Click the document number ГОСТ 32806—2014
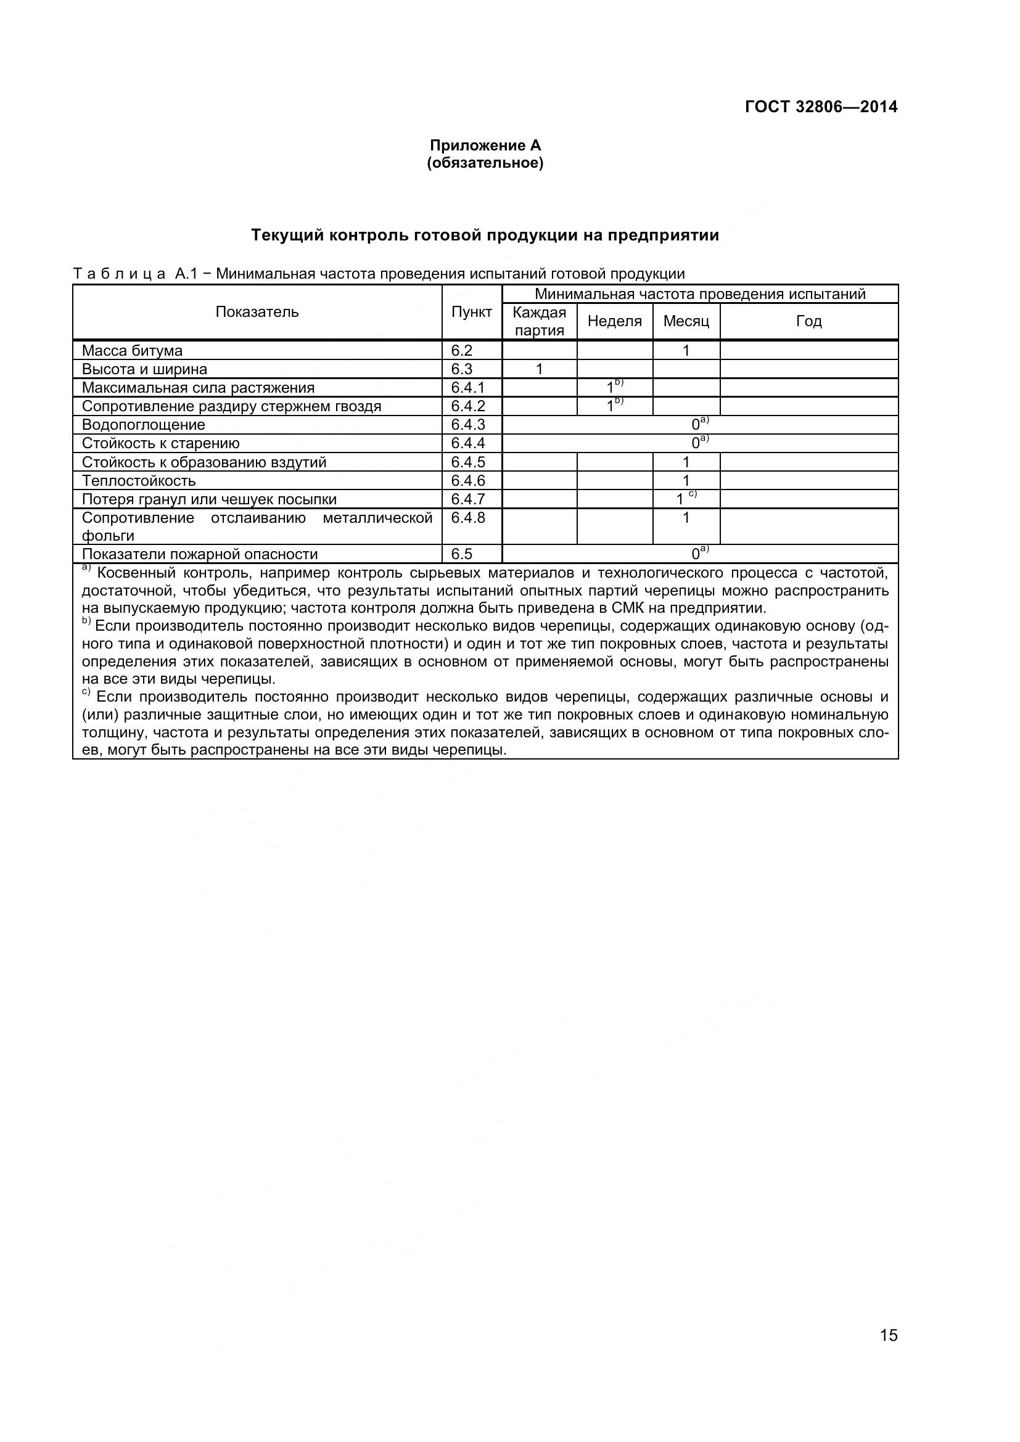[821, 107]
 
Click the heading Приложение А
[485, 145]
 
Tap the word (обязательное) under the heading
[485, 163]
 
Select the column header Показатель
[257, 312]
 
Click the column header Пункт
[471, 312]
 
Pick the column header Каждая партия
[539, 321]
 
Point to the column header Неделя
[614, 321]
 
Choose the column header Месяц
[686, 321]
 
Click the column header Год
[808, 321]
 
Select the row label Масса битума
[132, 350]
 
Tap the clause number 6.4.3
[468, 425]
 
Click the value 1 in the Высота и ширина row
[539, 369]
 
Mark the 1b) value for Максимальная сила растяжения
[614, 387]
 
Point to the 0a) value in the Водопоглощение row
[699, 424]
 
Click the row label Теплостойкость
[139, 481]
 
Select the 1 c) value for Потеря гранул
[685, 499]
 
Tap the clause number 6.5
[462, 554]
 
